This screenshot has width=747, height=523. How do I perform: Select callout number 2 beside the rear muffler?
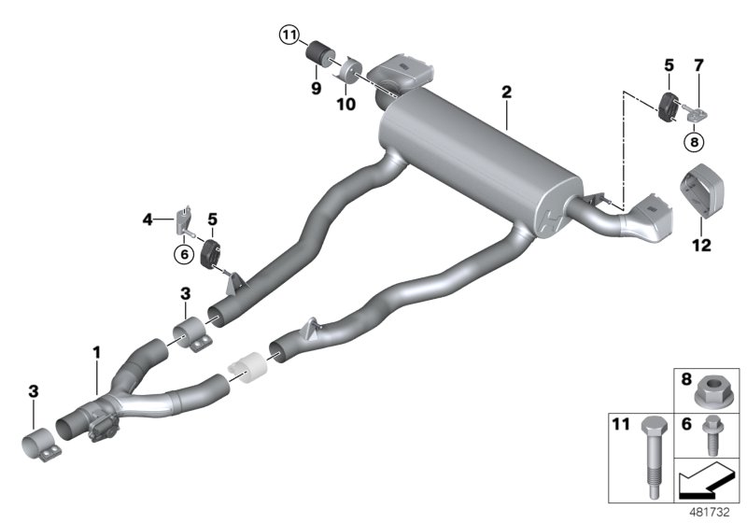[x=506, y=92]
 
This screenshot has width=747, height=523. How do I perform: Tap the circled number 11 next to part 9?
[x=290, y=36]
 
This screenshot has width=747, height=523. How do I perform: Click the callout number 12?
[x=701, y=247]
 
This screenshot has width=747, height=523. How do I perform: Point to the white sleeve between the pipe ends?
[x=248, y=368]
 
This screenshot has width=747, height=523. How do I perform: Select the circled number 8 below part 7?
[x=694, y=142]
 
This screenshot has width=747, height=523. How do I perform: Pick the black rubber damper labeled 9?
[x=325, y=52]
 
